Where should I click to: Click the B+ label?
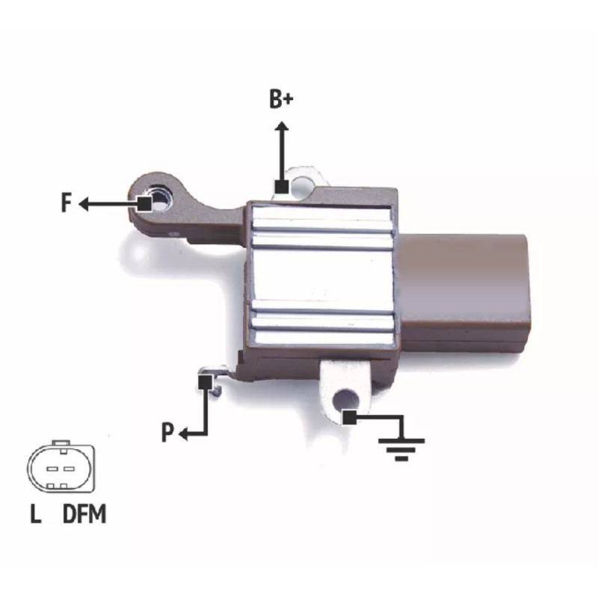(281, 99)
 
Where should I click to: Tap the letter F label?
(67, 203)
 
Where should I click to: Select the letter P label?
(167, 433)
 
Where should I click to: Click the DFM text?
(84, 514)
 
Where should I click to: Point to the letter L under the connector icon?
(35, 514)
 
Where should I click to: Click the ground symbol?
(401, 450)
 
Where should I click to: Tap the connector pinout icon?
(61, 466)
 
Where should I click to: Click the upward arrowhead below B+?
(282, 126)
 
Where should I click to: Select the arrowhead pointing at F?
(84, 204)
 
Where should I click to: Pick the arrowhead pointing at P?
(183, 434)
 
